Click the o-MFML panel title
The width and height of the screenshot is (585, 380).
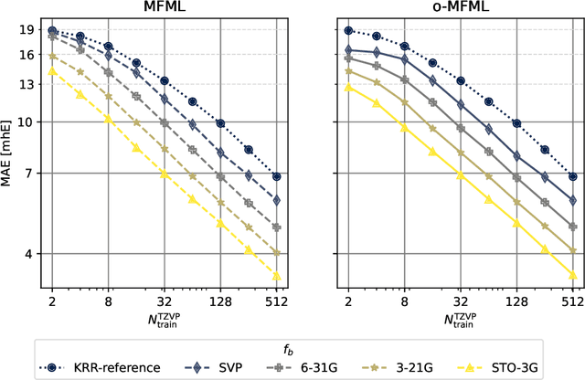pos(460,8)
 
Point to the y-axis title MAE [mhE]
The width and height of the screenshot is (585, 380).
pos(10,154)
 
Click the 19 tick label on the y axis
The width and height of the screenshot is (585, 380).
pos(27,31)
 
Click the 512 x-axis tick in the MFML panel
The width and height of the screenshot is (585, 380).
pos(277,300)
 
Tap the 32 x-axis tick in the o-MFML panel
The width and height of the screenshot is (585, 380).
pos(461,300)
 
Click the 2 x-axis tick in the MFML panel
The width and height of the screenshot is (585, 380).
pos(52,300)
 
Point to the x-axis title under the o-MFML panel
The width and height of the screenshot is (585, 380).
pos(460,320)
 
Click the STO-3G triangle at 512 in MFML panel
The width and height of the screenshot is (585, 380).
pos(277,276)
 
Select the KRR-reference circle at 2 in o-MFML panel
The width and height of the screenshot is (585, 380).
pos(348,31)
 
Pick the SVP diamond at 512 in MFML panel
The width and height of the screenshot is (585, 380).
pos(277,200)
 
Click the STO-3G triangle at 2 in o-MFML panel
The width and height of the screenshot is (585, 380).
pos(348,88)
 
